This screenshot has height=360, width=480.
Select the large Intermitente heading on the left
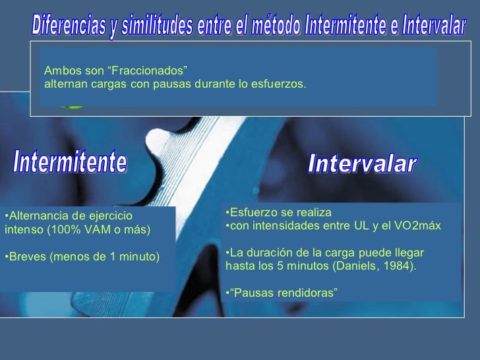point(71,162)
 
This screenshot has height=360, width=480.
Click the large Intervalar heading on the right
point(362,164)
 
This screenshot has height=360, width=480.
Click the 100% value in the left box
point(77,230)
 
